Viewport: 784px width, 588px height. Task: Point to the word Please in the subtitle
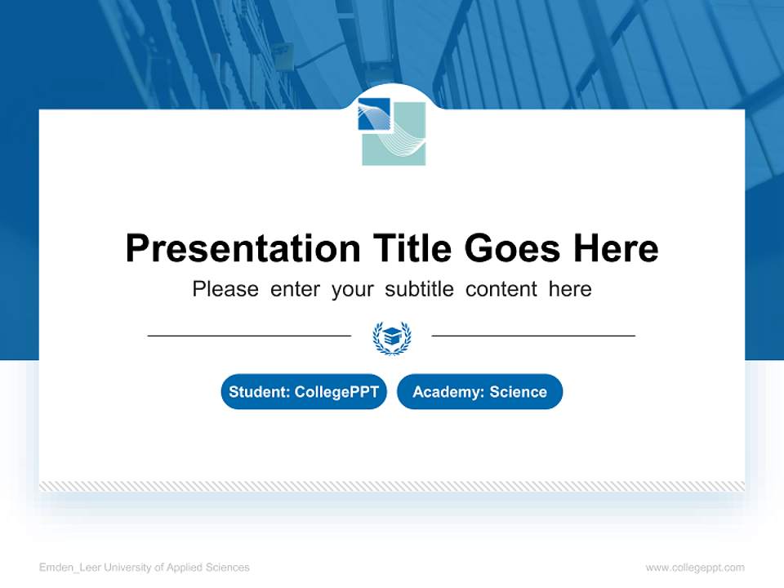click(x=225, y=289)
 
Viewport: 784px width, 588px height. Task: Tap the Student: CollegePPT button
click(x=304, y=392)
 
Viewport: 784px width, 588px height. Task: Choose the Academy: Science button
click(x=479, y=392)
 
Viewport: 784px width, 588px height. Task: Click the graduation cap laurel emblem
click(x=392, y=336)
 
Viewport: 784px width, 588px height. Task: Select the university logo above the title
click(x=392, y=131)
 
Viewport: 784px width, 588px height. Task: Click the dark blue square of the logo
click(x=373, y=114)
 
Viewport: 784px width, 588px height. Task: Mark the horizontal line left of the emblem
click(x=249, y=335)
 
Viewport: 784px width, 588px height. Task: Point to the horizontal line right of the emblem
click(x=533, y=335)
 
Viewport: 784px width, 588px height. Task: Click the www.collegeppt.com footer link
click(x=695, y=568)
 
